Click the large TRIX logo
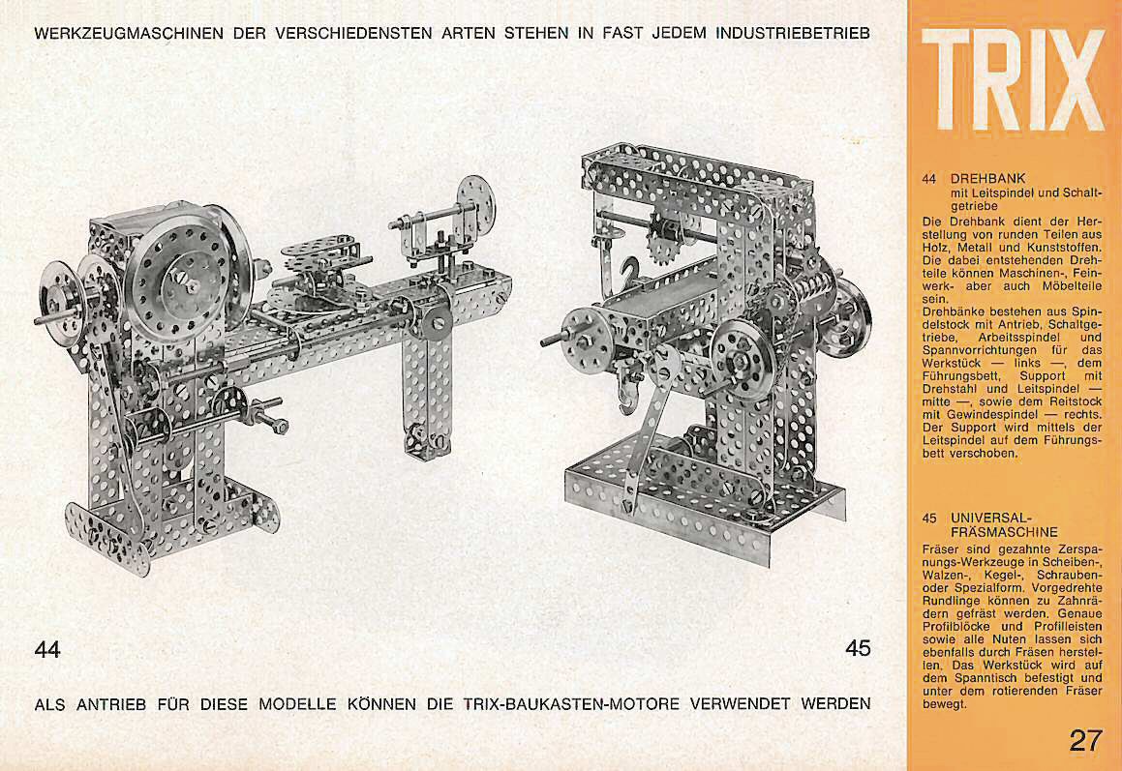[x=1014, y=79]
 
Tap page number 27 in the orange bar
[x=1086, y=740]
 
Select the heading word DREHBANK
[x=988, y=178]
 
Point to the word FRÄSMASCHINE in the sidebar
[x=1004, y=532]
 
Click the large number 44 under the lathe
[x=47, y=649]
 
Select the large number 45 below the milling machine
[x=858, y=648]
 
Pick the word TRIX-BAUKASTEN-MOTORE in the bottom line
[x=571, y=704]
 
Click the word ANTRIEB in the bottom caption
[x=111, y=704]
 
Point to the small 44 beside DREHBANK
[x=928, y=179]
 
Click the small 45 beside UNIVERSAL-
[x=928, y=518]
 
